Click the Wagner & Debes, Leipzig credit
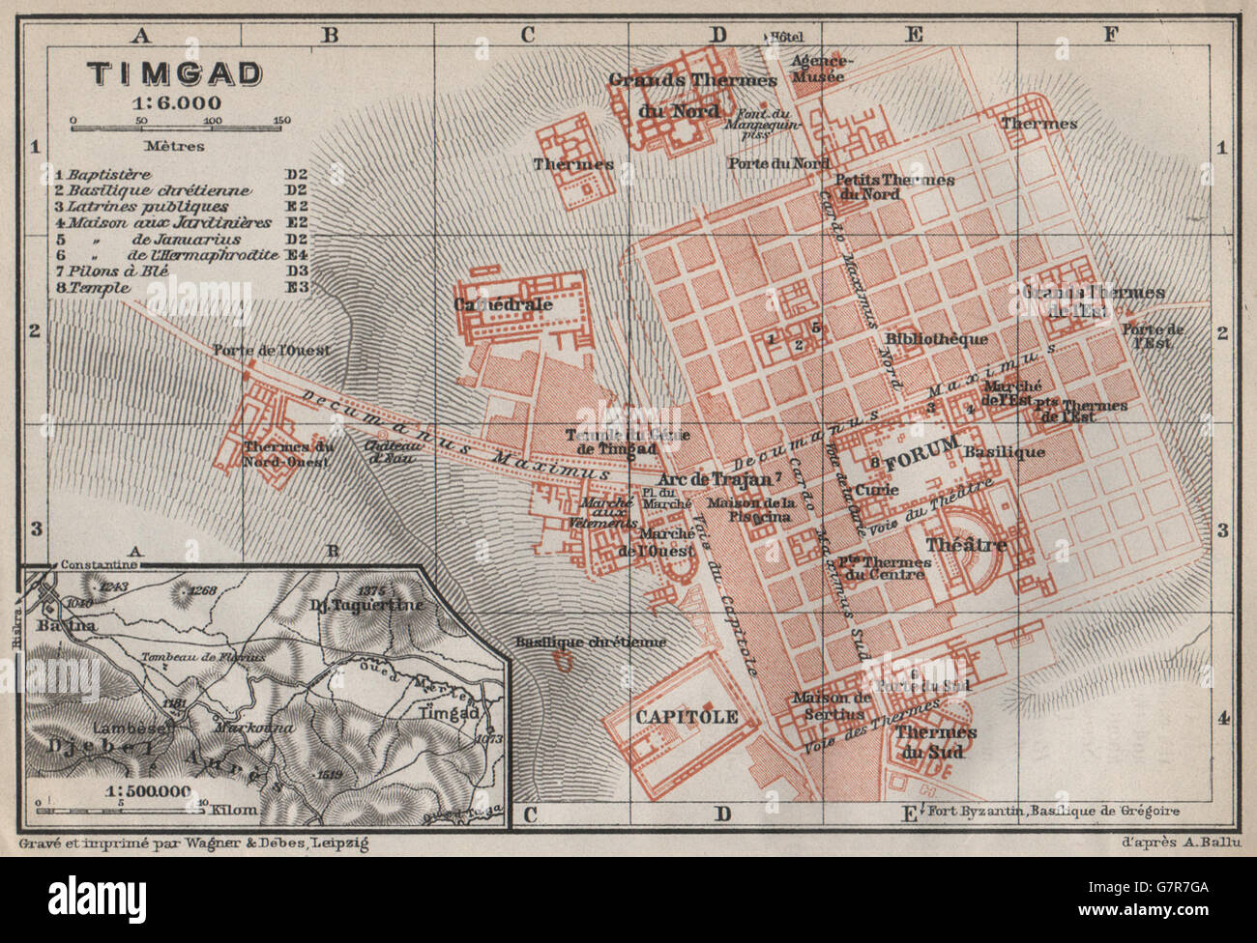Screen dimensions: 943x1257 point(192,843)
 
